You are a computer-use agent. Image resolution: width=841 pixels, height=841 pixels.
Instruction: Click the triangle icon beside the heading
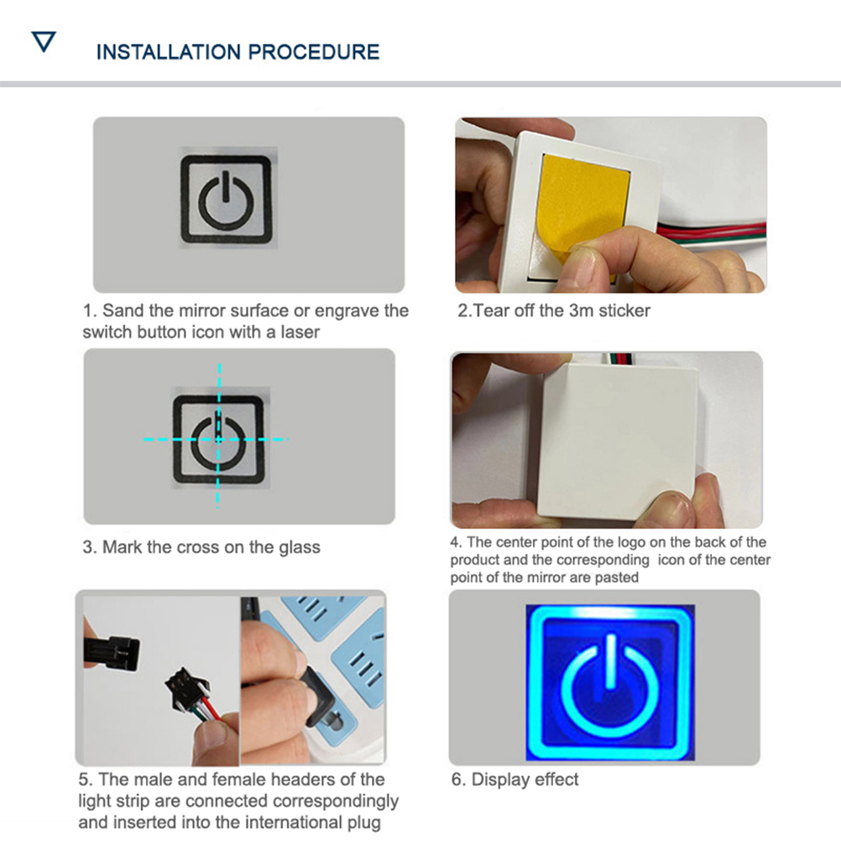[x=44, y=42]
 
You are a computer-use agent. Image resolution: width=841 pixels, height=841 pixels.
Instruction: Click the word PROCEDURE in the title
[x=314, y=52]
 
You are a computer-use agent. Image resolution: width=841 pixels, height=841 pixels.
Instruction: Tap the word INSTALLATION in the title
[x=169, y=52]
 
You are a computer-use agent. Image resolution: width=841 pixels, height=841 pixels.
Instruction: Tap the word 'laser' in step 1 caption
[x=300, y=332]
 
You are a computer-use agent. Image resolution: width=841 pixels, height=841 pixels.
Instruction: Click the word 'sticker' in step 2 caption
[x=624, y=311]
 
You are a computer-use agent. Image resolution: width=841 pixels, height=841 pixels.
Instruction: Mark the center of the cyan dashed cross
[x=218, y=440]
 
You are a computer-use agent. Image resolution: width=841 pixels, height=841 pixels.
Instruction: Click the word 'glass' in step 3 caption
[x=300, y=547]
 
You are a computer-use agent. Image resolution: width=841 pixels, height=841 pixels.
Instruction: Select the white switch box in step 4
[x=617, y=440]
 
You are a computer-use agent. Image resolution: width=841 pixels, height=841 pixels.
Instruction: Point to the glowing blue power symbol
[x=610, y=687]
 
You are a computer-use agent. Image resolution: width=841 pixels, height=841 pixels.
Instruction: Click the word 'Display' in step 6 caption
[x=501, y=780]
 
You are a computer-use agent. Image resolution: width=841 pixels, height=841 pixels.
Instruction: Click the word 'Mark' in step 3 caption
[x=123, y=547]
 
